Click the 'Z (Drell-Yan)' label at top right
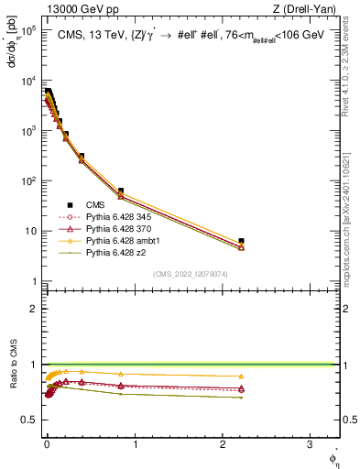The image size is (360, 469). [x=302, y=9]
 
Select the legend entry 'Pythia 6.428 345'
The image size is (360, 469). [x=119, y=217]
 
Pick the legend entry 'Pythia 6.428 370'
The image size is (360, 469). [x=119, y=229]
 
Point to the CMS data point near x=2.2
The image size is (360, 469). [x=241, y=241]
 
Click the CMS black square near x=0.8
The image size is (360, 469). [x=121, y=191]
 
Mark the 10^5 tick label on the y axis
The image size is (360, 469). [x=27, y=30]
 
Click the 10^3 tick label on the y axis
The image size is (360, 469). [x=27, y=131]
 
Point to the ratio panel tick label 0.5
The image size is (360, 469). [x=29, y=420]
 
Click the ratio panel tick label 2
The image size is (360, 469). [x=34, y=309]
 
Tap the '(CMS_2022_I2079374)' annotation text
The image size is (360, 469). [x=190, y=273]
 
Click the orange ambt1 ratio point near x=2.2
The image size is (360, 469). [x=241, y=376]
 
